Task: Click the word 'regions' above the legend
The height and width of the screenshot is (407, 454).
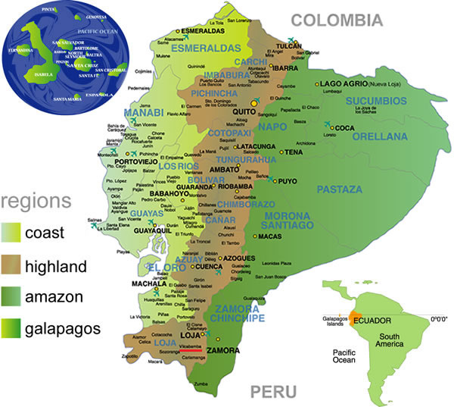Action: coord(36,202)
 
